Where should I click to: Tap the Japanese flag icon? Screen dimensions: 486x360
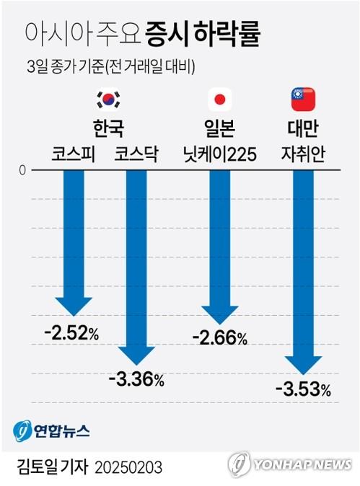[218, 99]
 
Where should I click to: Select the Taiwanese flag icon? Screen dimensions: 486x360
[302, 99]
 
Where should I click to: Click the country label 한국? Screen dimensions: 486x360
[109, 128]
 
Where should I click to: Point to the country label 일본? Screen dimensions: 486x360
[218, 128]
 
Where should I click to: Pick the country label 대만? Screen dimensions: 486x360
[302, 128]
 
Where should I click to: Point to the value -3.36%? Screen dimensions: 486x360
[136, 379]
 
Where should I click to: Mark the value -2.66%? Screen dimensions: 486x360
[219, 337]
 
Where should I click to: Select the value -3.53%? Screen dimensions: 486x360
[303, 390]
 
